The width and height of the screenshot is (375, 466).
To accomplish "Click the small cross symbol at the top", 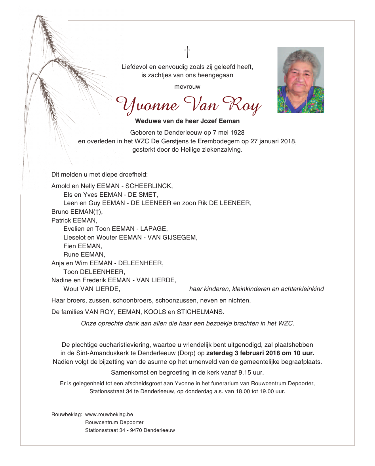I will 187,52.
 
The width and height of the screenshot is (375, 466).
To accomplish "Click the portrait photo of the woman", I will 301,80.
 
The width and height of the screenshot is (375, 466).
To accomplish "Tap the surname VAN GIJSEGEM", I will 172,237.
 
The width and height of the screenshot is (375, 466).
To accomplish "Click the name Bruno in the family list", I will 60,211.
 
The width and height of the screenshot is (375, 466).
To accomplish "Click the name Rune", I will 71,254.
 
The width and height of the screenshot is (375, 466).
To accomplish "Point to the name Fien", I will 70,246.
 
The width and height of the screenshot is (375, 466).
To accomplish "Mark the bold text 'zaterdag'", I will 219,353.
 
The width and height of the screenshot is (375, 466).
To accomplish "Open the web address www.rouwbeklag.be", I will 109,415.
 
